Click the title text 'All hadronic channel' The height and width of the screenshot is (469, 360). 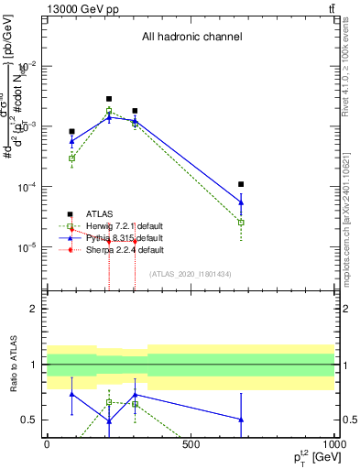[x=191, y=38]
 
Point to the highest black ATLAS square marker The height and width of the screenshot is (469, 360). [x=109, y=99]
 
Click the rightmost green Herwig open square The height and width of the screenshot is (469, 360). [x=241, y=222]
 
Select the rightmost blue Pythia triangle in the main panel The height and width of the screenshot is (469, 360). [x=241, y=202]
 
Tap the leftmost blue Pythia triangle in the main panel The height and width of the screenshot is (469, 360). [x=71, y=141]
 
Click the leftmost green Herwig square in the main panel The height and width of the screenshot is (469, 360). [x=71, y=158]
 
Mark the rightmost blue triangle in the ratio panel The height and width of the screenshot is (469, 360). [x=241, y=420]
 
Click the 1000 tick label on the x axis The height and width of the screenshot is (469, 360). [x=333, y=444]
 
